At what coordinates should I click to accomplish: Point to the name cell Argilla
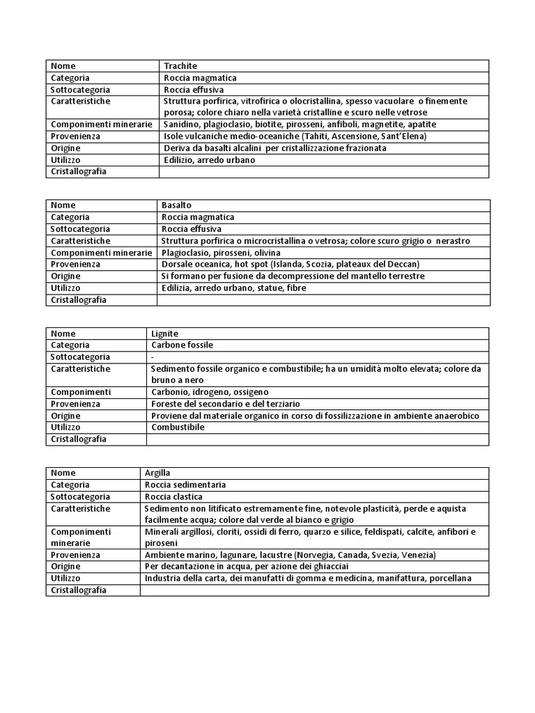157,473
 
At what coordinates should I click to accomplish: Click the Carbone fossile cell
182,345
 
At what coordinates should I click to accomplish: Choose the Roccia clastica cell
173,496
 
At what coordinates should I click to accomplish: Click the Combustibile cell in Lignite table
178,427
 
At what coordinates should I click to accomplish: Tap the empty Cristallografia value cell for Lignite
317,439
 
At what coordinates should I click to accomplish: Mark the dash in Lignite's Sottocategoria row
153,356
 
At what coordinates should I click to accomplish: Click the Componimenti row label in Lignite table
81,392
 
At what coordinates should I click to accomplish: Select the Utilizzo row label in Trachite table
65,159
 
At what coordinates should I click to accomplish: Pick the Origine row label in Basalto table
65,276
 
